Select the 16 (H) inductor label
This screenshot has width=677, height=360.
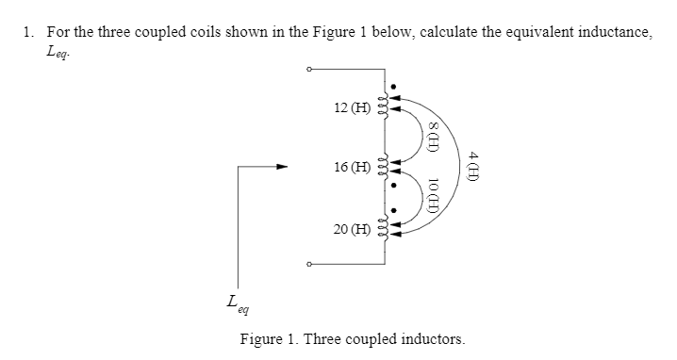point(352,168)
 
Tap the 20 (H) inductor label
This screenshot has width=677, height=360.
point(352,229)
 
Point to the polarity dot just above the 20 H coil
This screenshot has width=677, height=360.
point(395,211)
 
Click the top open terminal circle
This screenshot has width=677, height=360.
point(307,69)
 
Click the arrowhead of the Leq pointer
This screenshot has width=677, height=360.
point(280,168)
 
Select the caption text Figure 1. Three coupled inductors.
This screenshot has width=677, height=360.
point(352,338)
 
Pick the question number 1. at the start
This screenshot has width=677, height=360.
point(28,32)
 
